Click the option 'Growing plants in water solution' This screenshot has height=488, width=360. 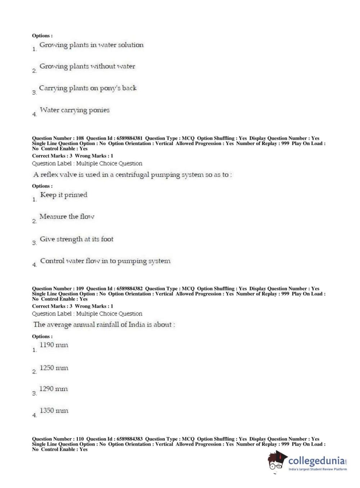tap(91, 45)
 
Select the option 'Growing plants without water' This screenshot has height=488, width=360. tap(87, 66)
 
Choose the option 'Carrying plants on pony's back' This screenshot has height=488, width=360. tap(88, 88)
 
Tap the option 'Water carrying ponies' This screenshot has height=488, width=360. tap(74, 110)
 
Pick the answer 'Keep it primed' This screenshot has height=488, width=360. tap(64, 195)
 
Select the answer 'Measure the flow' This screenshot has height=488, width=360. tap(67, 217)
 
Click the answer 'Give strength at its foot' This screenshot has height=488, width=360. tap(76, 239)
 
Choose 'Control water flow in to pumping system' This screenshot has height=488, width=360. tap(105, 261)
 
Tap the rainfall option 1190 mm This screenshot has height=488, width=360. tap(54, 345)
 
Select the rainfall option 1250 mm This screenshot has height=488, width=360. tap(54, 368)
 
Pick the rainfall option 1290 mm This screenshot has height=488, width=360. tap(53, 389)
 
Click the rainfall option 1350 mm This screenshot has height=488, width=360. tap(54, 411)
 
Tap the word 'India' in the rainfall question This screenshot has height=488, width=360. tap(137, 325)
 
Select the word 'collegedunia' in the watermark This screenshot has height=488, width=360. tap(316, 461)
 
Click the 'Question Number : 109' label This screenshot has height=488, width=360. tap(58, 289)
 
